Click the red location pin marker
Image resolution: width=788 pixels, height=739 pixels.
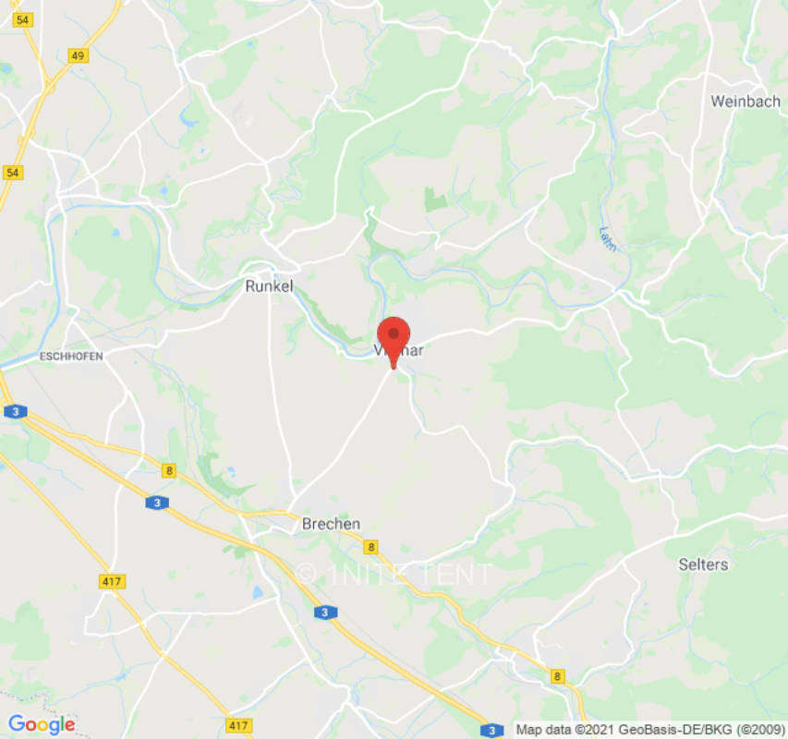[394, 336]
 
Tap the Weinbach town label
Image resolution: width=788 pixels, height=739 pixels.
[745, 102]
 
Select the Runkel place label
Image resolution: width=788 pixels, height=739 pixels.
[269, 286]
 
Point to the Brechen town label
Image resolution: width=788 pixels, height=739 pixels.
[331, 524]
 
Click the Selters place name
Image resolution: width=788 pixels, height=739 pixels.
[703, 563]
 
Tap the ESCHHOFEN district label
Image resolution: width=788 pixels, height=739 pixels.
[70, 356]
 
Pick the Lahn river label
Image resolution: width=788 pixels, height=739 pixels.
[607, 238]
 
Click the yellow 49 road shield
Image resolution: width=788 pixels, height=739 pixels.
[79, 56]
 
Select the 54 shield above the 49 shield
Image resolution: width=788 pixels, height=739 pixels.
[24, 20]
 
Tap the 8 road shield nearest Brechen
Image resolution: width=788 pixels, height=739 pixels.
[370, 547]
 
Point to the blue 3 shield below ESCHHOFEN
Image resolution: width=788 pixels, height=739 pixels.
[14, 412]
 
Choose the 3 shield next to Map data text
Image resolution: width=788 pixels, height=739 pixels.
[494, 728]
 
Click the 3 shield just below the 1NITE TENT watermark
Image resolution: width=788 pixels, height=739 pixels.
[323, 612]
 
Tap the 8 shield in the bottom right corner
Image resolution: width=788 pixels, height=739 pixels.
[557, 677]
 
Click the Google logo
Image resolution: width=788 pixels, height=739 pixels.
[42, 724]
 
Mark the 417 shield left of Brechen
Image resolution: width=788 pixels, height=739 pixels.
[112, 581]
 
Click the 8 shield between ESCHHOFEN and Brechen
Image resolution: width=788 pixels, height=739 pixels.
[168, 471]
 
